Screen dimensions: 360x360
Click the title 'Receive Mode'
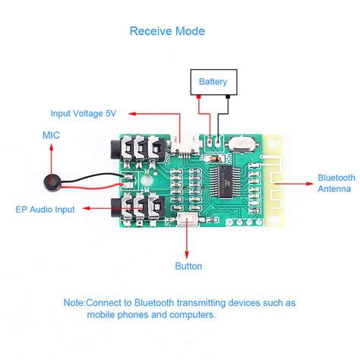(x=167, y=31)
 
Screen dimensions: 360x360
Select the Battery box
(x=213, y=81)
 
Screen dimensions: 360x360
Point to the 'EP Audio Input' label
(x=46, y=209)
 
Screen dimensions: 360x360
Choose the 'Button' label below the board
(x=188, y=267)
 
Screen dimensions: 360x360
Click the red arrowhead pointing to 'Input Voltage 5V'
(x=130, y=114)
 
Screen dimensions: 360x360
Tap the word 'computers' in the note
(x=193, y=314)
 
